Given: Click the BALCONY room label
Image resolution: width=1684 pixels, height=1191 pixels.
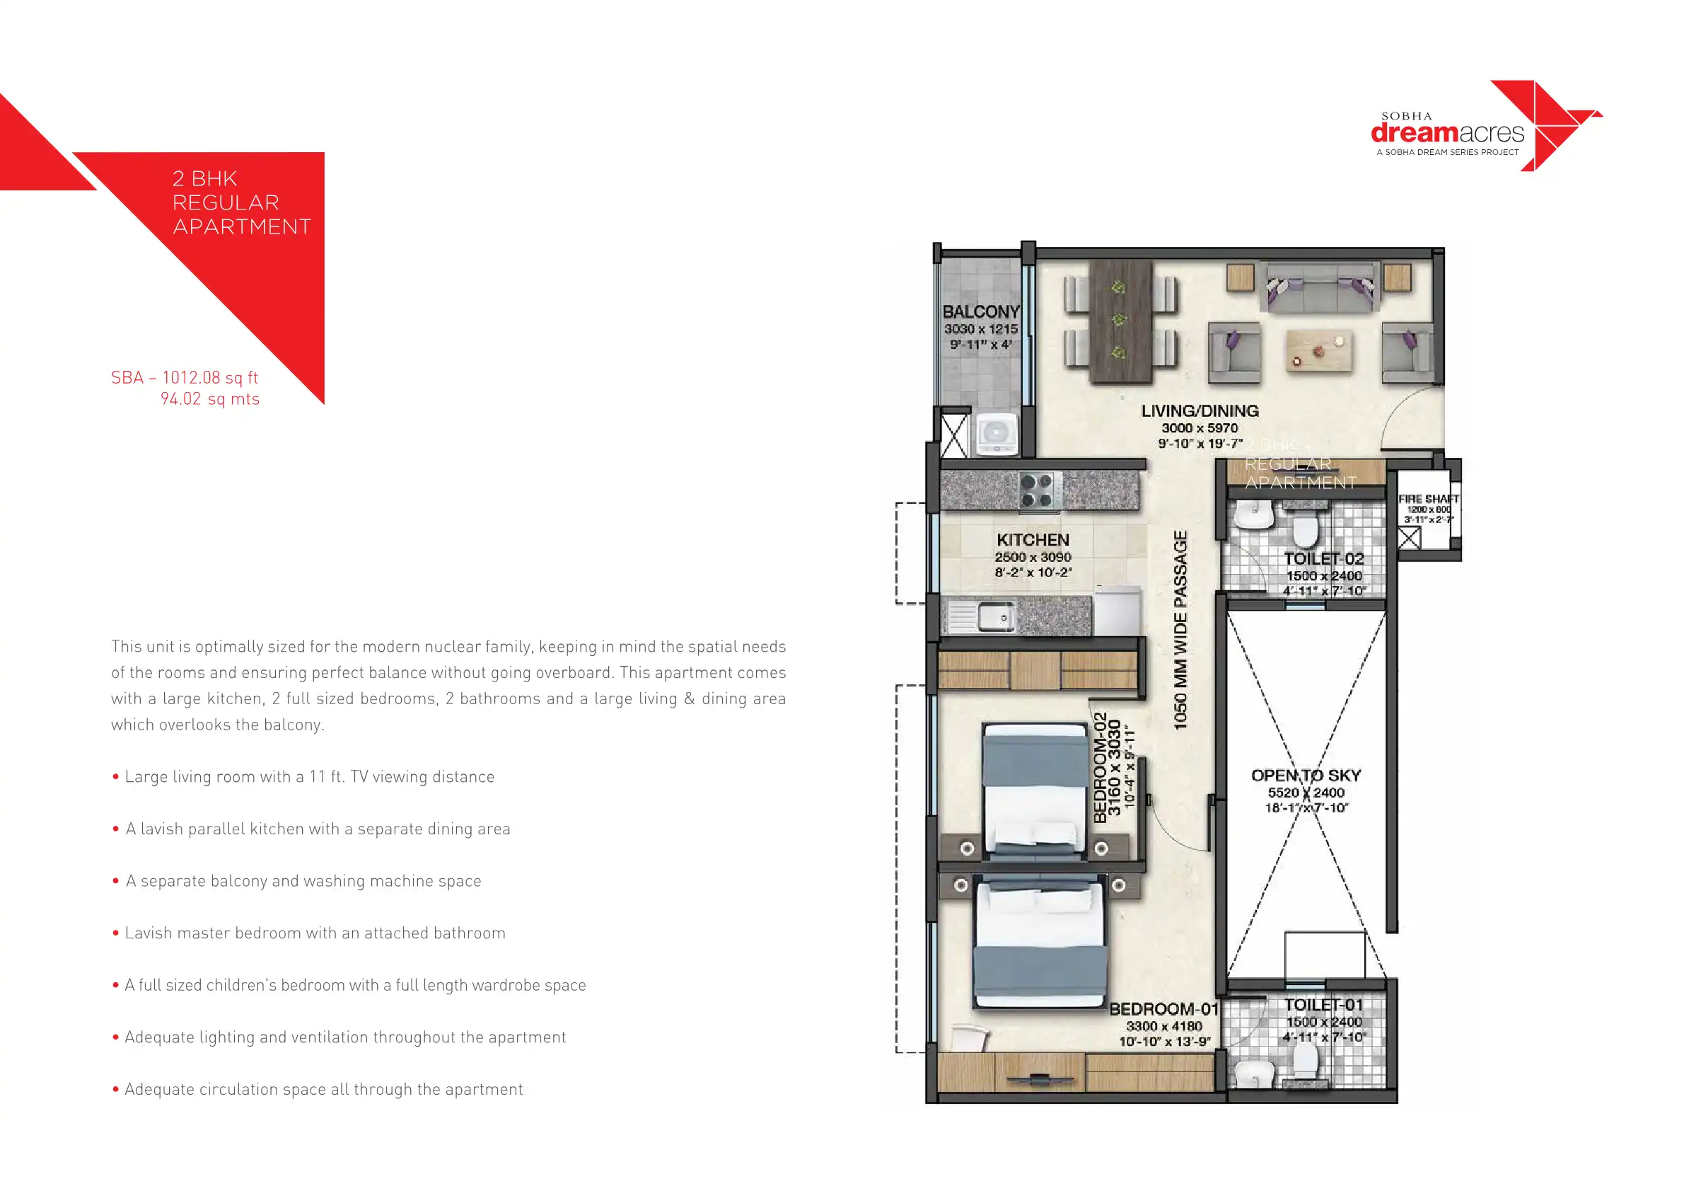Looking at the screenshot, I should coord(980,312).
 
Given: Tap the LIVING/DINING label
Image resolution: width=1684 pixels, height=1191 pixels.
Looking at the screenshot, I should coord(1200,412).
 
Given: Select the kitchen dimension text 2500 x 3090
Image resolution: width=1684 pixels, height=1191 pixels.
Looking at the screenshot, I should coord(1033,558).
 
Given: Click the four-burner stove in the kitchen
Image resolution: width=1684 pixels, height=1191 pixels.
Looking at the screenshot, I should coord(1036,491).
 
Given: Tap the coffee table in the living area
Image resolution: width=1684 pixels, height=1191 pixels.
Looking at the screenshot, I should coord(1319,350).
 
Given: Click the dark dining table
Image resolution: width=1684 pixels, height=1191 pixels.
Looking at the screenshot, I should coord(1120,321).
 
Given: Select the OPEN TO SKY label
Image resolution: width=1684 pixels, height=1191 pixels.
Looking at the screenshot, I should coord(1306,776).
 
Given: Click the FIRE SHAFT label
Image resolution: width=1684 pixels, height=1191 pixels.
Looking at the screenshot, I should coord(1428,499).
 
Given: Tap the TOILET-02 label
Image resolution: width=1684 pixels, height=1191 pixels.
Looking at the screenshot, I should coord(1324,559).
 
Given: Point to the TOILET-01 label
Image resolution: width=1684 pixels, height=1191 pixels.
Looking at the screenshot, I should coord(1324,1006).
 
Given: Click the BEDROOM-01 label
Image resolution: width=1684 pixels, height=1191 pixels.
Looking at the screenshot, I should coord(1163,1010).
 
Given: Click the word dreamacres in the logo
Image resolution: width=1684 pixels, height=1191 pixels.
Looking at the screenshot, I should coord(1446,133).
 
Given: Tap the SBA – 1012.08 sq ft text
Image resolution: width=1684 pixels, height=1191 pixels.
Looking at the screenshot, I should coord(184,378).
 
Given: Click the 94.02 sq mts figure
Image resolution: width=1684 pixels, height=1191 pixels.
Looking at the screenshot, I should coord(210,399).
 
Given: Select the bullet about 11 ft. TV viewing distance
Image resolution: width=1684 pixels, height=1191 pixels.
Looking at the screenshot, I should coord(309,777).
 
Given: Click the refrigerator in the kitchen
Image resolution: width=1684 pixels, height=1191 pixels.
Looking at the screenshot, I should coord(1117,611).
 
